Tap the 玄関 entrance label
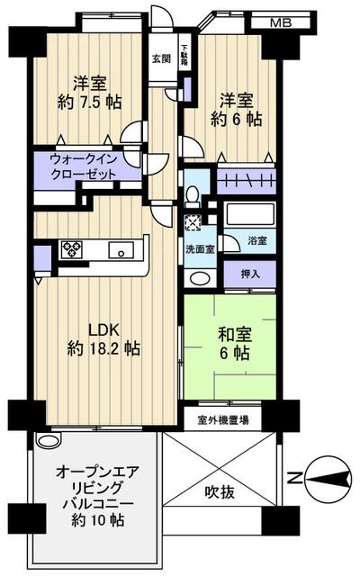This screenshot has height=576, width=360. pos(160,59)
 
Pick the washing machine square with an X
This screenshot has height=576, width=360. pos(191,224)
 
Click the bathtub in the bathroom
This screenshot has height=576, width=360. pos(249,215)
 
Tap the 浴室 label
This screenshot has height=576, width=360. pos(256,242)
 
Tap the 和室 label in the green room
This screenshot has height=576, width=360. pos(232,335)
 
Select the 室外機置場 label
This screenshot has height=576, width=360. pos(223,418)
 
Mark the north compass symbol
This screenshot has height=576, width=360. pos(322,477)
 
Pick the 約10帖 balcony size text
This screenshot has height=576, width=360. pos(91,520)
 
